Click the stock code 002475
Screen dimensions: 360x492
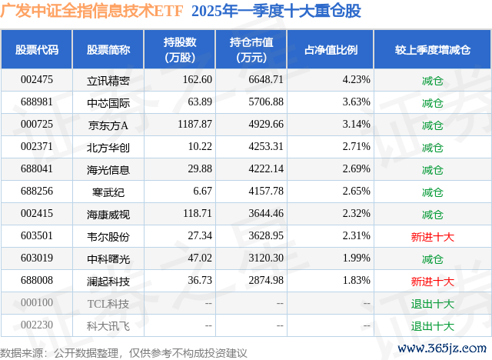37,80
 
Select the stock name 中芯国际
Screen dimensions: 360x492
108,102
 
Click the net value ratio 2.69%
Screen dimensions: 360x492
355,169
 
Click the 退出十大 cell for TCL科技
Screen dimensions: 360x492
433,304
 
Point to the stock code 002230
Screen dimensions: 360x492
37,326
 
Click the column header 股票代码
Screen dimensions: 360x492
37,50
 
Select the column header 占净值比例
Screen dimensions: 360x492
337,50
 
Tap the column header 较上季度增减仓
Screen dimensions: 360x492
433,50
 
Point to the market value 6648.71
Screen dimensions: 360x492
267,80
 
